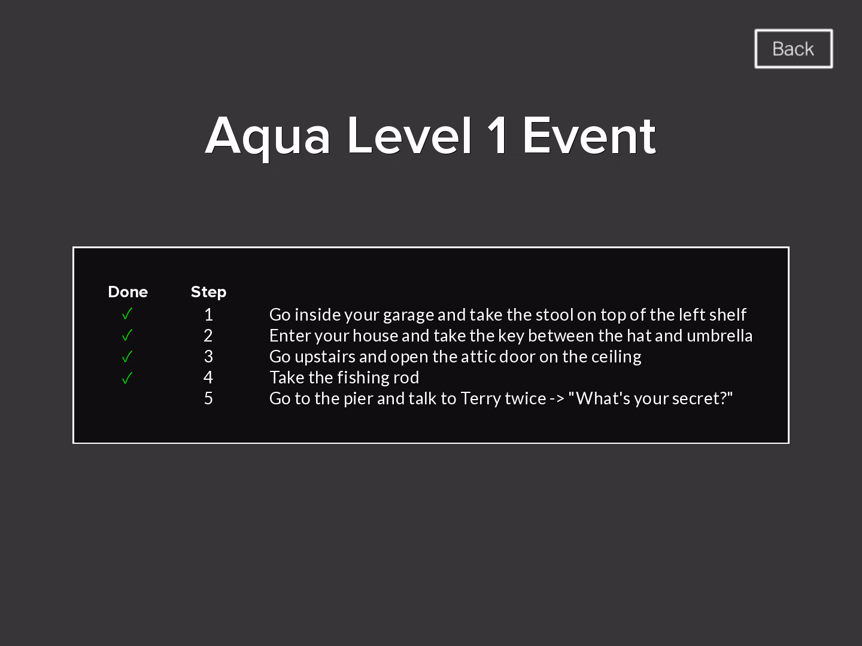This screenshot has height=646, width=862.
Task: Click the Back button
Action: tap(793, 48)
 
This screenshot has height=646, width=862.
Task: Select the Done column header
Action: tap(128, 292)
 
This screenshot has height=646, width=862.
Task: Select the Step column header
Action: tap(208, 292)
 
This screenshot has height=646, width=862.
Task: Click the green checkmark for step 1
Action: tap(128, 314)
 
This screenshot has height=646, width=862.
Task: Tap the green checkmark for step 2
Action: tap(128, 335)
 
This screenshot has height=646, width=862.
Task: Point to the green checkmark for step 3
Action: tap(128, 356)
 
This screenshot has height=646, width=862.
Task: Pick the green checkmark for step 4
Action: tap(128, 377)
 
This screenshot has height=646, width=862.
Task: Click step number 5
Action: tap(208, 398)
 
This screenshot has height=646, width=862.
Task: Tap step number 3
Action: tap(208, 356)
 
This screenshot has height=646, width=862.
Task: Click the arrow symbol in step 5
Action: tap(557, 400)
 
